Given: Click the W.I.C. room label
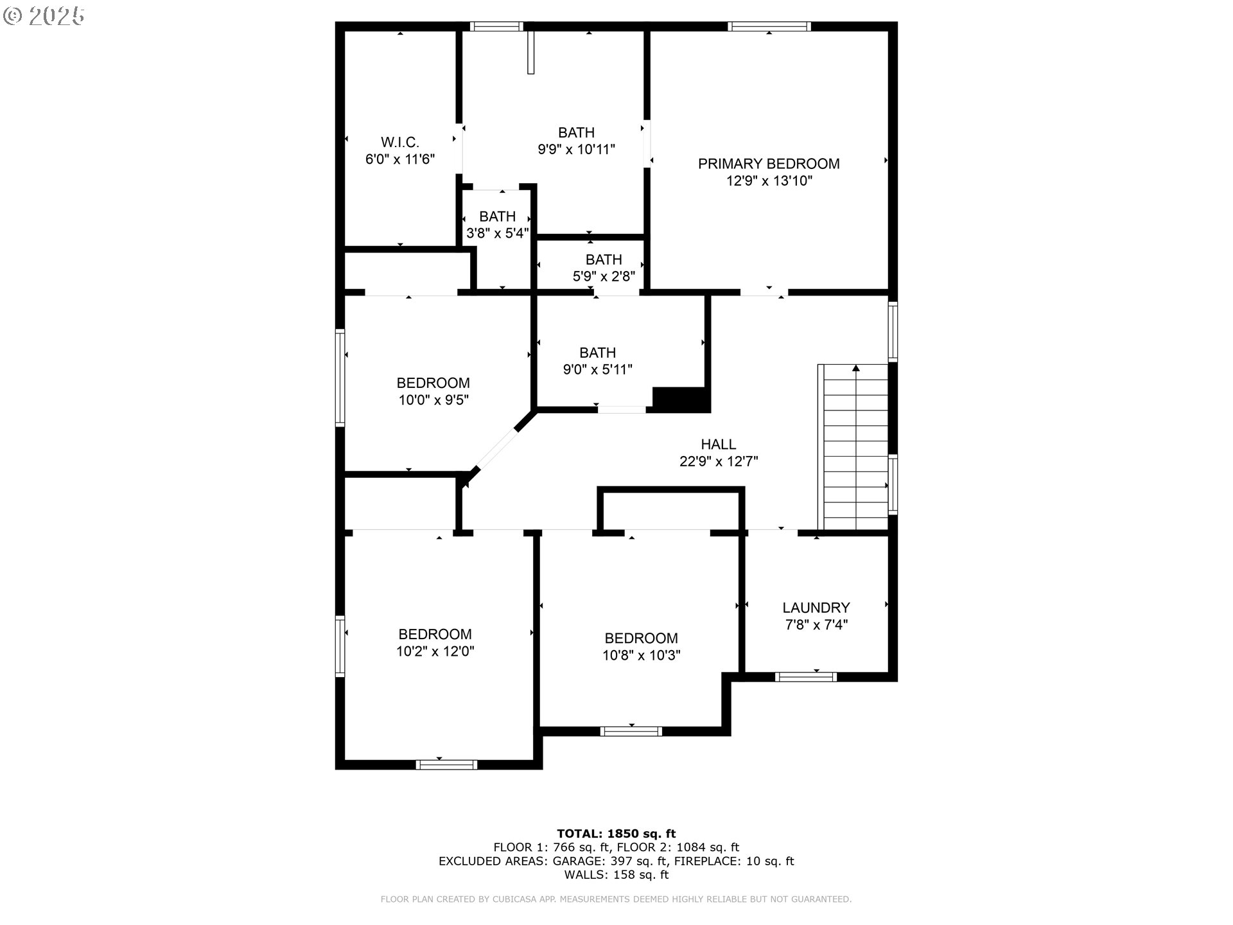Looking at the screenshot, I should [x=399, y=142].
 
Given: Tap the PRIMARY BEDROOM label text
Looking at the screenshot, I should [x=769, y=164].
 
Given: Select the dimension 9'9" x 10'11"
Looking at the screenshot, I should [x=576, y=150].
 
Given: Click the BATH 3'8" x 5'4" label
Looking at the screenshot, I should [x=497, y=225].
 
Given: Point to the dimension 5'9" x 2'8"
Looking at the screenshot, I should [x=604, y=276].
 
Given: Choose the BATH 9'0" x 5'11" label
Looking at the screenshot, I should [x=597, y=361].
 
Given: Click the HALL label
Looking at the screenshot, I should [x=718, y=444].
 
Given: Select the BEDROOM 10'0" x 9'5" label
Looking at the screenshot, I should [x=433, y=391].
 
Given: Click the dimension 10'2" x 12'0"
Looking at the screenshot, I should [x=435, y=651].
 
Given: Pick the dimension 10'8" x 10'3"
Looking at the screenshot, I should [x=641, y=655].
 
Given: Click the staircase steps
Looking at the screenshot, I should [x=855, y=450].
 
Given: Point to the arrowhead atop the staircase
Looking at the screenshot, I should [x=855, y=368].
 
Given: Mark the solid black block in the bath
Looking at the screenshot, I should [x=681, y=399].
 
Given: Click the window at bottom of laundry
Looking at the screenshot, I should [x=805, y=676].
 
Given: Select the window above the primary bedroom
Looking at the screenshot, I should [x=769, y=26].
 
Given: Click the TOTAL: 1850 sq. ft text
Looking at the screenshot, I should [x=616, y=834].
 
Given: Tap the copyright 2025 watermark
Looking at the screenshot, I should [x=44, y=16].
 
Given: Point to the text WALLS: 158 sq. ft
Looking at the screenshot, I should [x=616, y=874].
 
